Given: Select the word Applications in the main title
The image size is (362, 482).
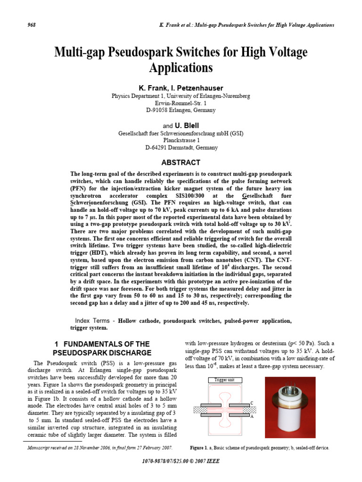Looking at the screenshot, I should point(181,68).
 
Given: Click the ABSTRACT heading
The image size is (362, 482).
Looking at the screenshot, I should point(181,162).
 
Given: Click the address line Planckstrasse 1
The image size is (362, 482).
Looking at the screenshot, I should point(181,140).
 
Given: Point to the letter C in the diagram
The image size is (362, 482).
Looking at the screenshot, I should point(252,403).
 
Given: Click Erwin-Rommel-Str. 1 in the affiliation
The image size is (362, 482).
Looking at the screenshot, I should point(181,103).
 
